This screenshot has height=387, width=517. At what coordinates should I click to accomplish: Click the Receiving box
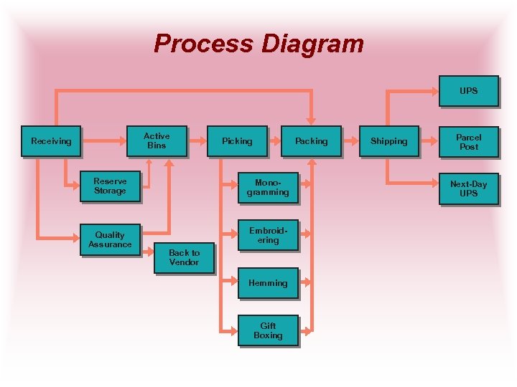[x=51, y=141]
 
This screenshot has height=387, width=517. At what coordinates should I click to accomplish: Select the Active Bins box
[x=157, y=140]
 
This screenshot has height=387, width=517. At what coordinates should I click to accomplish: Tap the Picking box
[x=237, y=141]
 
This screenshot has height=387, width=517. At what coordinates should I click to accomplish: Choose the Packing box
[x=311, y=141]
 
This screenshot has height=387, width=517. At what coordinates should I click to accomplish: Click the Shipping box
[x=388, y=141]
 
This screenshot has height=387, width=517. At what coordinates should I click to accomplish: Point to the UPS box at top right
[x=468, y=91]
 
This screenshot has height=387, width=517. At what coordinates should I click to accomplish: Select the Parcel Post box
[x=468, y=141]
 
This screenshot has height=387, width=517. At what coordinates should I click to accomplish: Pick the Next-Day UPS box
[x=468, y=188]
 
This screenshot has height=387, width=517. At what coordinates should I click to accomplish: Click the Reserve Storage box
[x=110, y=186]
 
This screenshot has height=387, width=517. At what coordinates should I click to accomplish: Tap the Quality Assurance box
[x=110, y=239]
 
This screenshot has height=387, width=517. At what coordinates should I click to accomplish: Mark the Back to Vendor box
[x=184, y=257]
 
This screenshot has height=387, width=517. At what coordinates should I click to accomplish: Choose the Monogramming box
[x=268, y=188]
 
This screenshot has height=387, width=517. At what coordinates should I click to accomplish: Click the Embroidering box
[x=268, y=235]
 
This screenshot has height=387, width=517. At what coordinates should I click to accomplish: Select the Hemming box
[x=268, y=283]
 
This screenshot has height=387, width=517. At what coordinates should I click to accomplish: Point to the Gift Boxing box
[x=268, y=330]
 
